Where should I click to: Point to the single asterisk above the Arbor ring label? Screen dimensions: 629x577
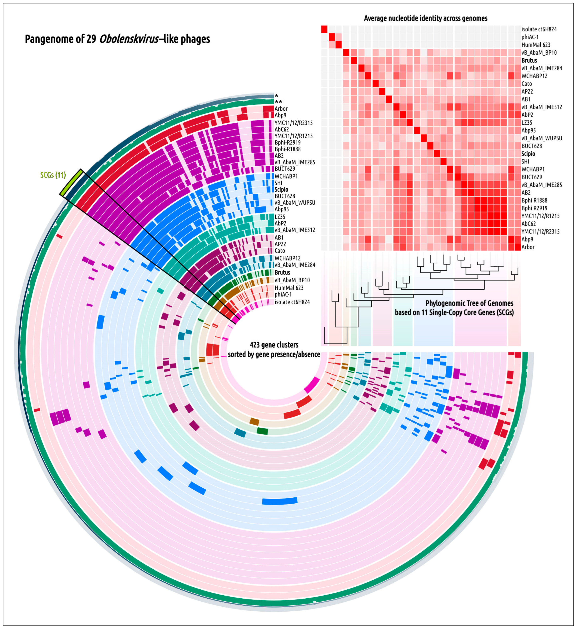click(x=277, y=96)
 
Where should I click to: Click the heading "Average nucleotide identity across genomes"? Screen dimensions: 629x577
click(x=425, y=18)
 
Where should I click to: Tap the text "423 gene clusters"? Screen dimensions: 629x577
click(x=274, y=345)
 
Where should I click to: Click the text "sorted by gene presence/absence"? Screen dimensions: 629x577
click(x=274, y=354)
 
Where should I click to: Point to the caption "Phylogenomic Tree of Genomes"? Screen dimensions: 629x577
click(x=469, y=303)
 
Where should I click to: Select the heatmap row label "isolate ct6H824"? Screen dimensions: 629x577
click(x=539, y=29)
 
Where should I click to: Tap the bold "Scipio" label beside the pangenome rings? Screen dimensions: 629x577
click(x=281, y=189)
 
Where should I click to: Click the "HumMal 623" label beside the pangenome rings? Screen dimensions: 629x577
click(x=289, y=287)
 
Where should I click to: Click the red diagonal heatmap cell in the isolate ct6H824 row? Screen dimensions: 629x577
click(x=324, y=29)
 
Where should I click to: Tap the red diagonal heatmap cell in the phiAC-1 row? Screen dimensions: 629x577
click(x=332, y=37)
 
